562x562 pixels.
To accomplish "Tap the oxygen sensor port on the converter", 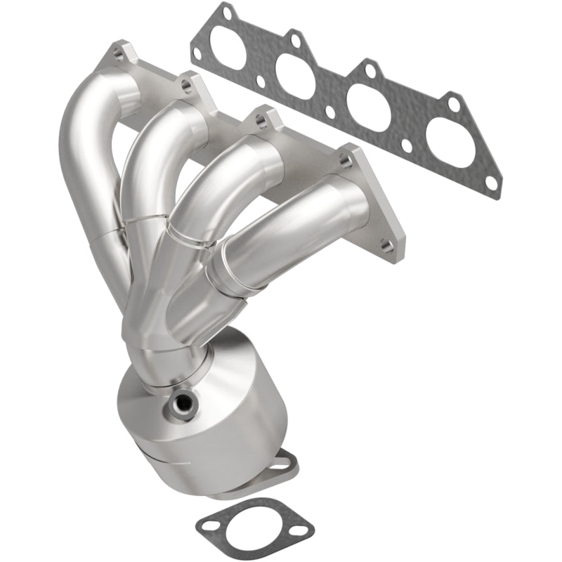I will coord(184,403).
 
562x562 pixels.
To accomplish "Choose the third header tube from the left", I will coord(211,183).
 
